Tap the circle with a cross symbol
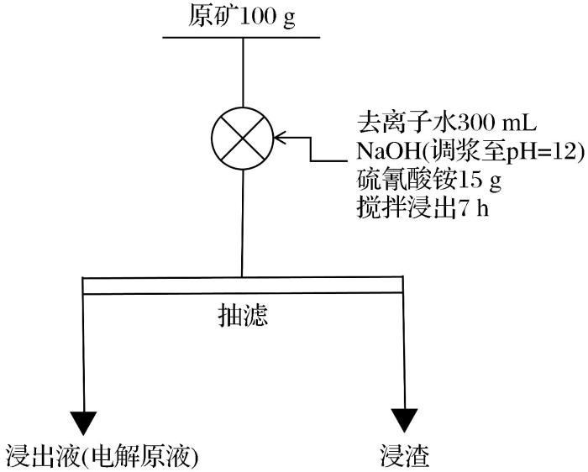click(x=243, y=137)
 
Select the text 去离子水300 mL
click(x=444, y=123)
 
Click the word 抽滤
click(x=242, y=316)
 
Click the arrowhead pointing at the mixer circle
click(x=280, y=137)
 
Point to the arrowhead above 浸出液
click(x=84, y=421)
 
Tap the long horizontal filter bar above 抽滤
click(x=244, y=286)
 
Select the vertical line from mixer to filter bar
click(x=242, y=222)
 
